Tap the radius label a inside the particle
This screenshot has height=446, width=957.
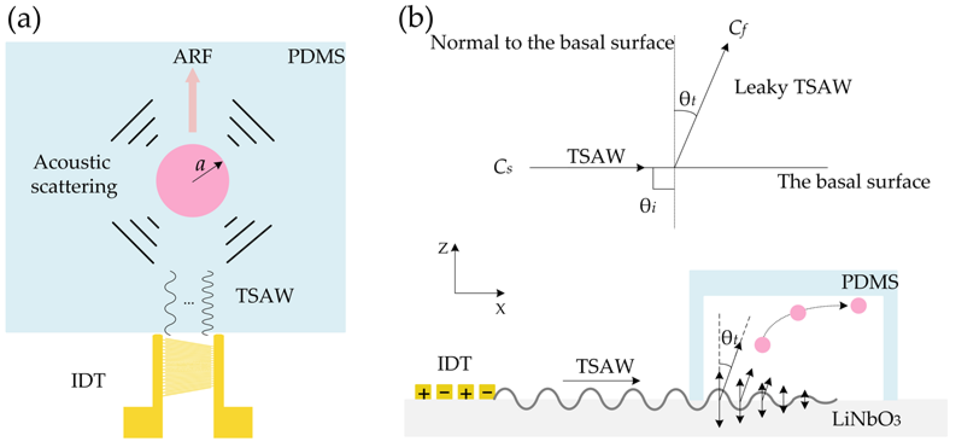(x=201, y=164)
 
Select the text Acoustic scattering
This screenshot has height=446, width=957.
(x=73, y=175)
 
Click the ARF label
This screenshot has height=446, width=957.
(x=193, y=56)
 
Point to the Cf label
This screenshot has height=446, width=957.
(x=737, y=28)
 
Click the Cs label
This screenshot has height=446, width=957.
(x=503, y=167)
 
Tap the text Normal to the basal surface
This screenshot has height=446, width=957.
(x=552, y=43)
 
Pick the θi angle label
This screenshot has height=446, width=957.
(x=647, y=206)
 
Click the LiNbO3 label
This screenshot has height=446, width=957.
(x=866, y=419)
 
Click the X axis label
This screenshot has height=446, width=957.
(x=500, y=308)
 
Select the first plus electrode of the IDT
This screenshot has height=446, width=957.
(x=423, y=392)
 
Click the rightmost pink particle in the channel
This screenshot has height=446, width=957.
(x=858, y=305)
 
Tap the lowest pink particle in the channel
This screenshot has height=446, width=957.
(x=763, y=345)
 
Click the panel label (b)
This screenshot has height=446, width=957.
(x=415, y=19)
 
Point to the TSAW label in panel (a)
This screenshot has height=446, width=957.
(x=265, y=296)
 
